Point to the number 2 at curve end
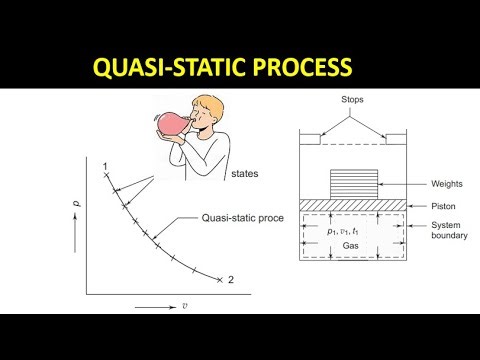(x=230, y=279)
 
